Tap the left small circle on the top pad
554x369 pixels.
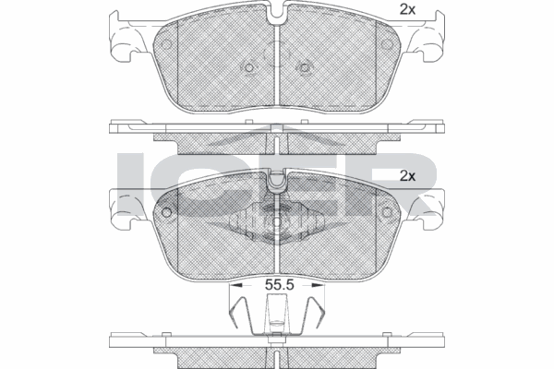point(167,46)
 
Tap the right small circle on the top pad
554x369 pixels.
point(385,46)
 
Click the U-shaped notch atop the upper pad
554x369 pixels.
point(276,18)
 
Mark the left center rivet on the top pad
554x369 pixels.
point(248,67)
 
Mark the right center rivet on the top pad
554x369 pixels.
point(304,67)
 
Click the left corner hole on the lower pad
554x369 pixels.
point(167,212)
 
